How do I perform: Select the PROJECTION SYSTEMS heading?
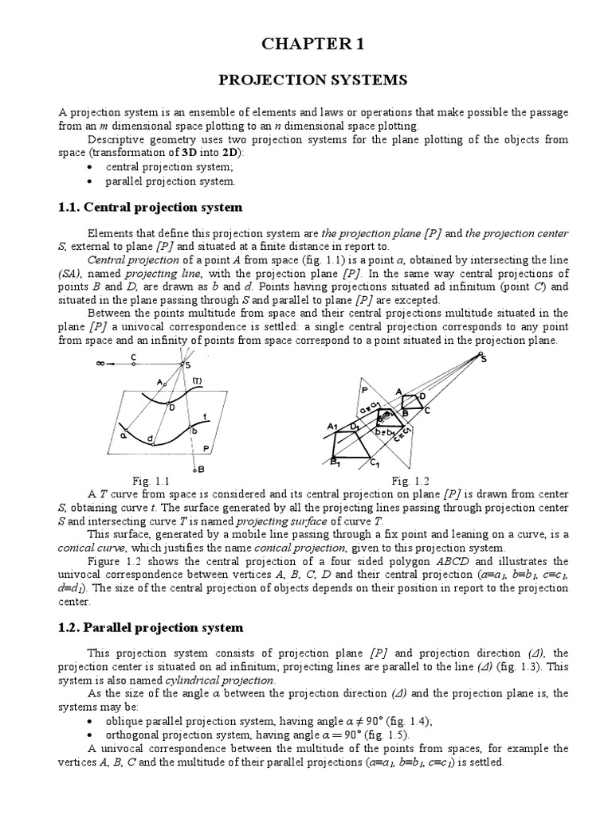(312, 80)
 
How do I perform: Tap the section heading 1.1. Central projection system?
(151, 207)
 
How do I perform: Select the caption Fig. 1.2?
(410, 481)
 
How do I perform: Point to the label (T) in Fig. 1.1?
(195, 380)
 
